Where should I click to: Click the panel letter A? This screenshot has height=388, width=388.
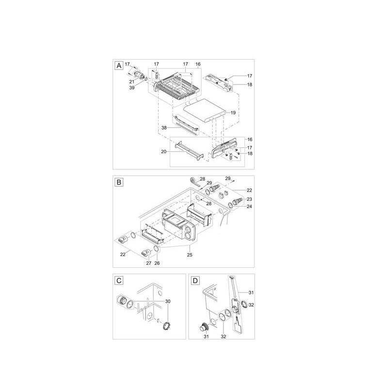click(x=119, y=66)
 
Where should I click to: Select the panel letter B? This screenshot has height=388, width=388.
click(x=119, y=182)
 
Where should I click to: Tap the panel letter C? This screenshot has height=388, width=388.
click(x=119, y=281)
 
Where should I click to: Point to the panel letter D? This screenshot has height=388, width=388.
click(x=195, y=281)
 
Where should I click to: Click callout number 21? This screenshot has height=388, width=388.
click(x=131, y=81)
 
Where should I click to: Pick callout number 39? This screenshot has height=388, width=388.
click(x=132, y=88)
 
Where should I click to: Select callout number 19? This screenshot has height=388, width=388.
click(x=233, y=113)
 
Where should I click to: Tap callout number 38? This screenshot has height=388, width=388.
click(x=164, y=128)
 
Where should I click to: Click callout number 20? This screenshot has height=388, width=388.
click(x=164, y=151)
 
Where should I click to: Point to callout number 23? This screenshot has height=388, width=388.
click(x=249, y=199)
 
